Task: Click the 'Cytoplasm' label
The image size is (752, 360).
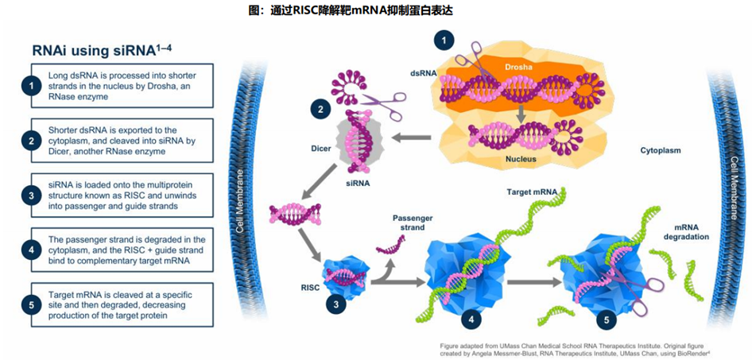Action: [x=661, y=150]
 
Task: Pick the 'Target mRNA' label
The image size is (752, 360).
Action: [x=530, y=192]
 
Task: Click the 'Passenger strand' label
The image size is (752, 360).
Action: [x=409, y=223]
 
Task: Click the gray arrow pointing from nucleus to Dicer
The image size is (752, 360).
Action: [x=411, y=138]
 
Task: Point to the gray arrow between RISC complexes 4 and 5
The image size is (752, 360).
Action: [x=533, y=282]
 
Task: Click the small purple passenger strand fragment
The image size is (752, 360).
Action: [x=391, y=245]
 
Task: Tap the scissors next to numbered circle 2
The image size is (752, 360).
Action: [x=382, y=103]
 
